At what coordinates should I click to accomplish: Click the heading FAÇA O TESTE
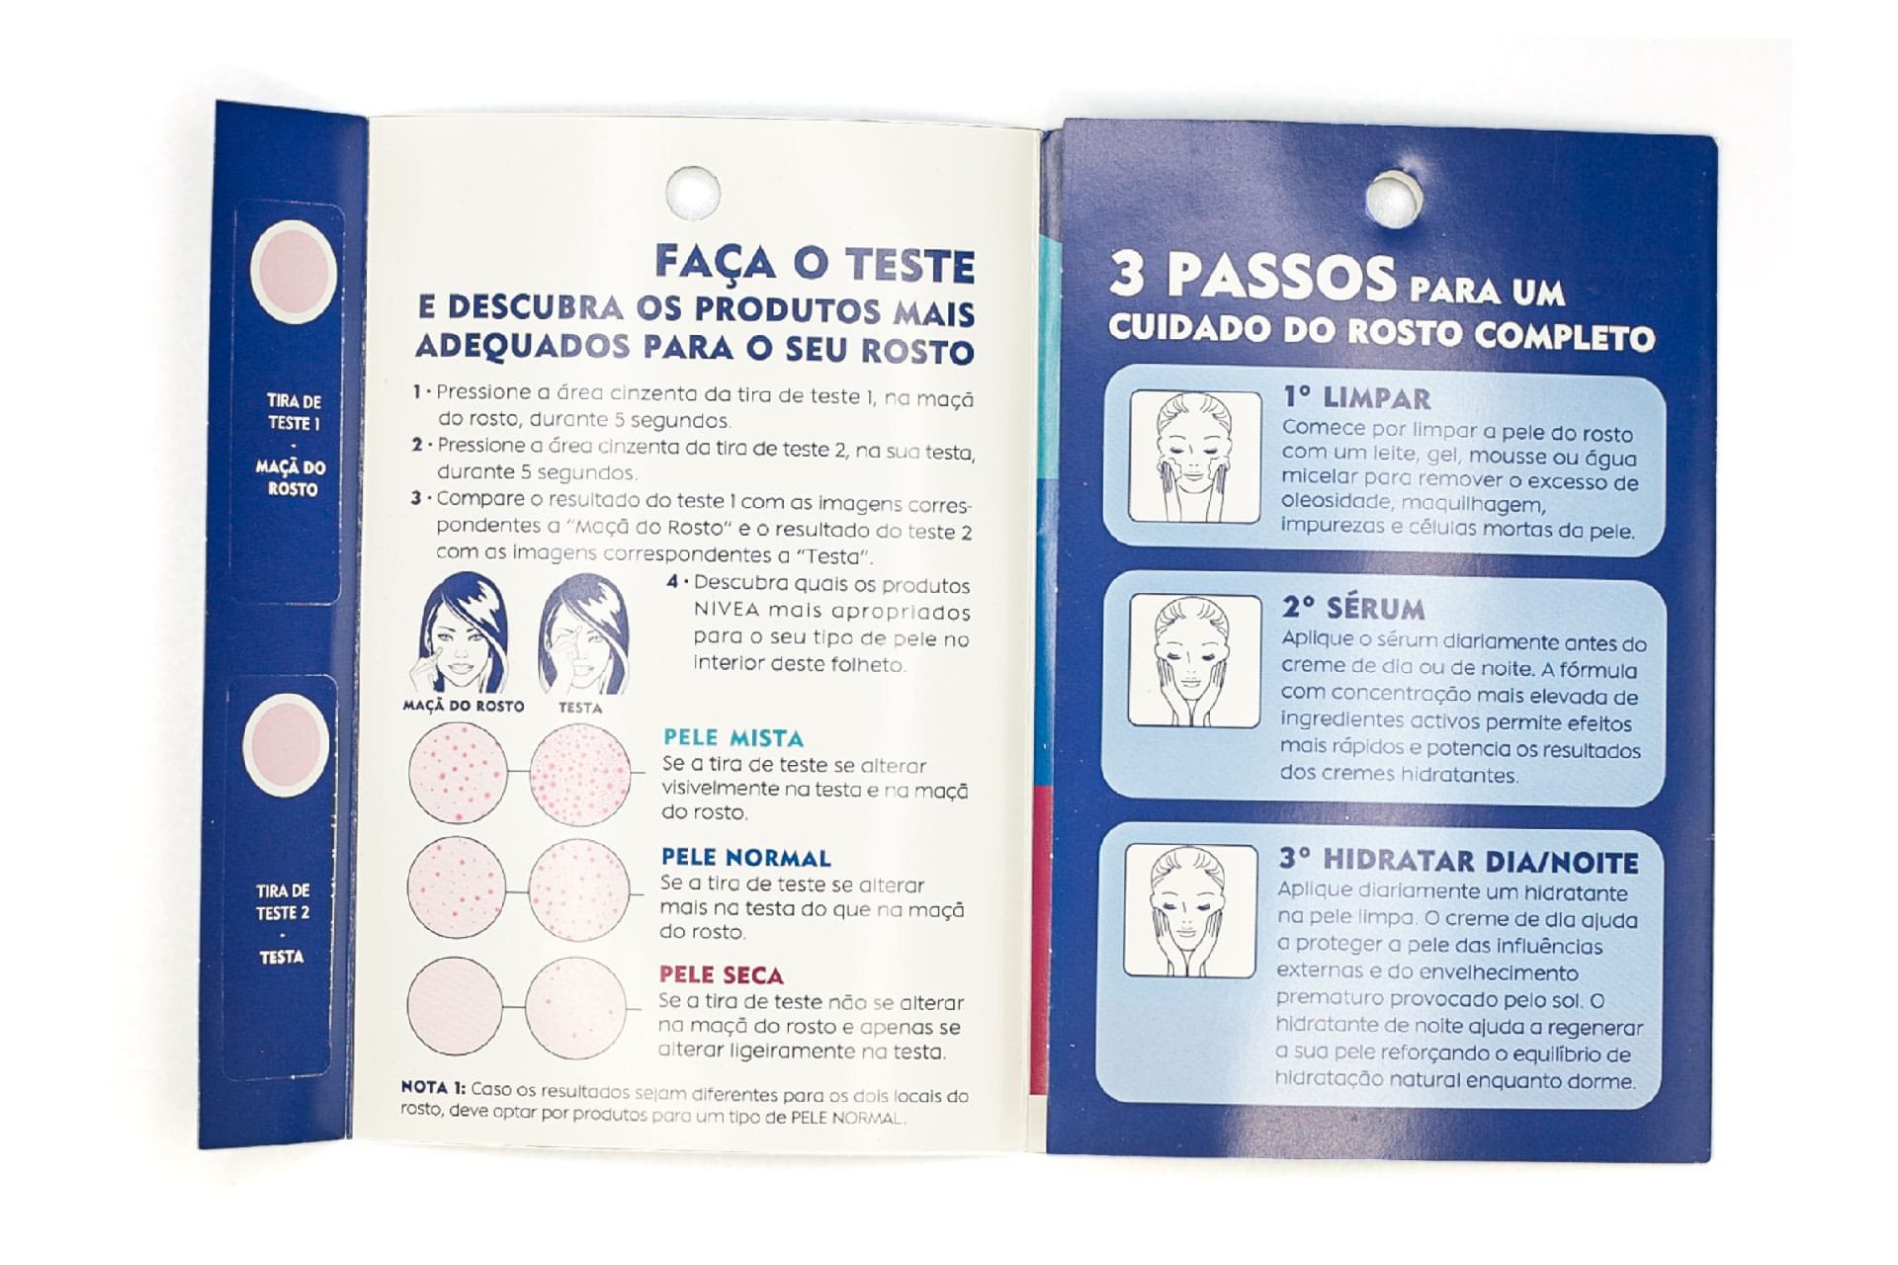click(815, 264)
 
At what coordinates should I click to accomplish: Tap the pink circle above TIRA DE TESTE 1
click(293, 272)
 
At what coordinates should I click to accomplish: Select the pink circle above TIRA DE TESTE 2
click(284, 746)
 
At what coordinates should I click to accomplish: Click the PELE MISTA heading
click(733, 737)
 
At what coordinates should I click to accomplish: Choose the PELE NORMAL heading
click(745, 857)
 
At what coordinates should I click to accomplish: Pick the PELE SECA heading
click(721, 974)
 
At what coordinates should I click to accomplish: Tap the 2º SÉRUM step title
click(1353, 607)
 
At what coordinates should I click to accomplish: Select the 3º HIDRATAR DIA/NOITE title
click(1458, 861)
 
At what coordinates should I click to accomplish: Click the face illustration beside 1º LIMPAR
click(1195, 457)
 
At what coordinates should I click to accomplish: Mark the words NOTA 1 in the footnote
click(433, 1087)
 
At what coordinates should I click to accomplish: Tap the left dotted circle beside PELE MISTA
click(458, 773)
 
